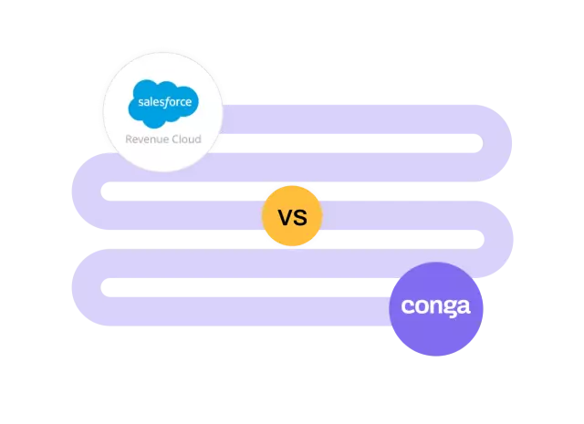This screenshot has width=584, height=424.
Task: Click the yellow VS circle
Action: (x=292, y=217)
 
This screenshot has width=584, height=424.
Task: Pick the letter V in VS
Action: (x=284, y=218)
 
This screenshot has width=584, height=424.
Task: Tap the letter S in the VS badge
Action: (x=299, y=218)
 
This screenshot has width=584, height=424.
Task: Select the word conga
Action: (x=435, y=306)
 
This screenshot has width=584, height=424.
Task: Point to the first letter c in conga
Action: (x=407, y=306)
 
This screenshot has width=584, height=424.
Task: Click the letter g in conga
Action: (x=448, y=308)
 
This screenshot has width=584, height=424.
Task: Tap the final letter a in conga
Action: (x=463, y=306)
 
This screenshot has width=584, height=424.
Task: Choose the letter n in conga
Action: (x=434, y=306)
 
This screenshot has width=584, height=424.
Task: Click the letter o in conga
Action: (x=420, y=306)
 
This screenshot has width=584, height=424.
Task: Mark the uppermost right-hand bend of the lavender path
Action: (x=504, y=142)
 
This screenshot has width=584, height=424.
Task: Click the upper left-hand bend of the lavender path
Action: (x=82, y=187)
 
